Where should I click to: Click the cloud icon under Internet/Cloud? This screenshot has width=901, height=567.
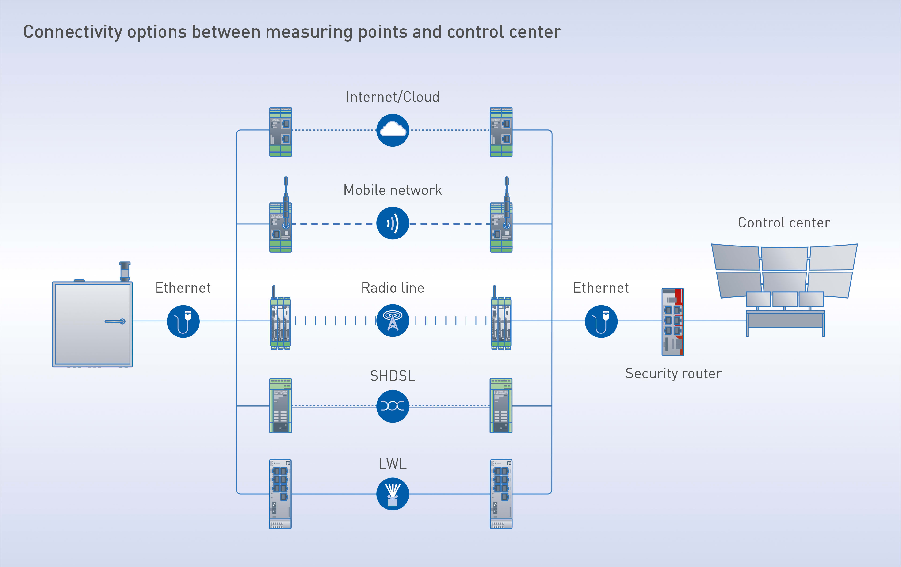(x=393, y=130)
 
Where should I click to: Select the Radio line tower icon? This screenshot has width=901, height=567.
(x=393, y=321)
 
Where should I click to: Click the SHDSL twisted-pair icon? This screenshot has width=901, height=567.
(x=393, y=406)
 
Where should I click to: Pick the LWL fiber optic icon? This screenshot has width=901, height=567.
(x=393, y=494)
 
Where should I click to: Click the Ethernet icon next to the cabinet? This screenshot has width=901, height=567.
(x=183, y=321)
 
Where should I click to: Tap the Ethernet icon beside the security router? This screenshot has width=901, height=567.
(x=601, y=321)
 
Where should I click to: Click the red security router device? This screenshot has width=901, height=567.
(x=673, y=322)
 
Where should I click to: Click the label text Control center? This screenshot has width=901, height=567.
(x=783, y=223)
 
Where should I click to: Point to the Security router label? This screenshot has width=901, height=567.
(x=673, y=374)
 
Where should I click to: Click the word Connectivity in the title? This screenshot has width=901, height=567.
(x=73, y=32)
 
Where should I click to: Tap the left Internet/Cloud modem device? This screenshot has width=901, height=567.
(x=281, y=132)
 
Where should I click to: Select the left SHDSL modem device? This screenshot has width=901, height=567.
(x=281, y=406)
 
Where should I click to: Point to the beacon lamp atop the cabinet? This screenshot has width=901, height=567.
(x=125, y=271)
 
